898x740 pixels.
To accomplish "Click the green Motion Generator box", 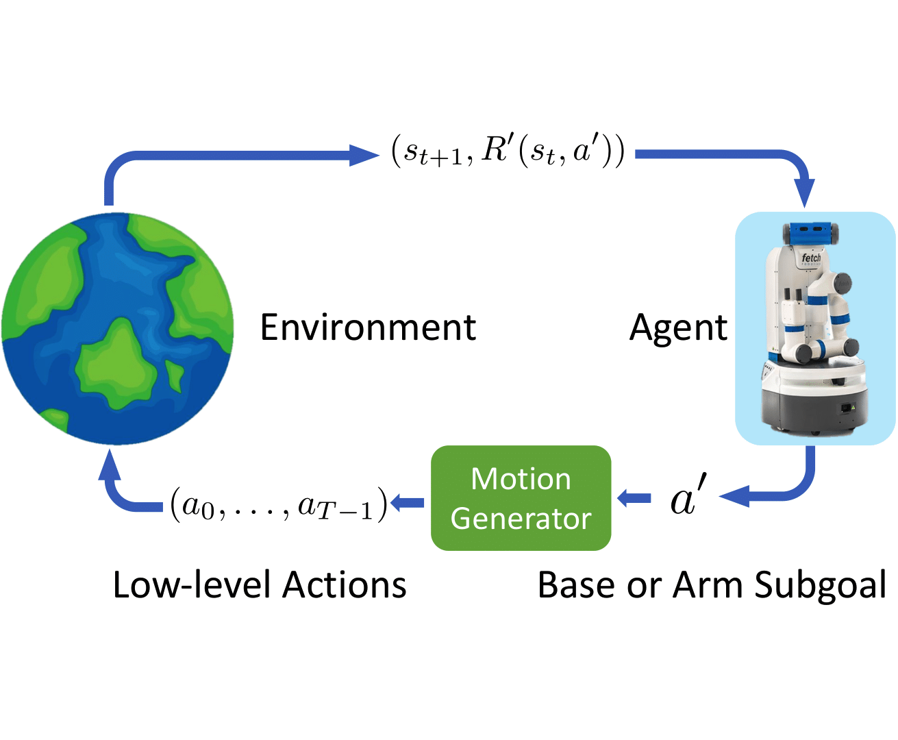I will click(x=521, y=498).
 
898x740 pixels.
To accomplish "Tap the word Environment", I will click(x=368, y=328).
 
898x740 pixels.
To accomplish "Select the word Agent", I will click(x=678, y=328).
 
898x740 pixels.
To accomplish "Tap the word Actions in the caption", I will click(x=345, y=585).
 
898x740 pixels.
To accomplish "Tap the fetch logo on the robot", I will click(x=811, y=259).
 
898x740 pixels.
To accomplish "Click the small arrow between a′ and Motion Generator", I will click(x=634, y=498).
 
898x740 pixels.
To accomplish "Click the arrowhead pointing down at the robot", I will click(x=805, y=194).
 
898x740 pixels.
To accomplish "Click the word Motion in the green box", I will click(x=521, y=479).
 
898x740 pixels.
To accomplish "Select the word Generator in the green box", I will click(x=521, y=519).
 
